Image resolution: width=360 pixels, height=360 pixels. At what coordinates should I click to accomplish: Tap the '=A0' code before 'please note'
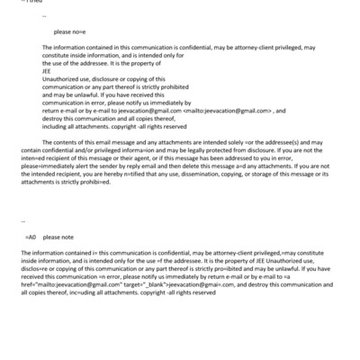[x=31, y=236]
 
